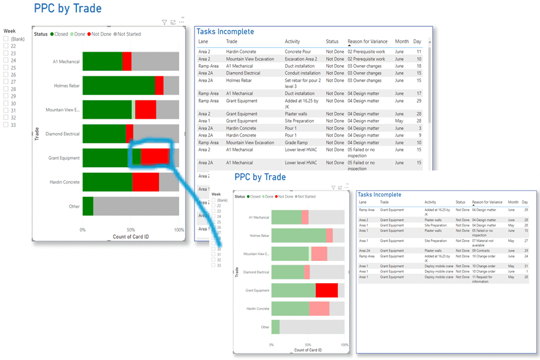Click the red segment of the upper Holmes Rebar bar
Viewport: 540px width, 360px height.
159,86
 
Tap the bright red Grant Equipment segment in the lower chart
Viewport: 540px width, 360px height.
327,290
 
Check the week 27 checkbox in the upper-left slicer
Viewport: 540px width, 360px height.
6,81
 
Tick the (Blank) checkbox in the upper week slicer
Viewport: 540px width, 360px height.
6,38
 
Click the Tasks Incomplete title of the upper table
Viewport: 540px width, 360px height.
225,32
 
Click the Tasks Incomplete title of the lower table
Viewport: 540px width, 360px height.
379,194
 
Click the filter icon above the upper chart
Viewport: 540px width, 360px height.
164,22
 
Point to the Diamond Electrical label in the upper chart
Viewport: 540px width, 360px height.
63,134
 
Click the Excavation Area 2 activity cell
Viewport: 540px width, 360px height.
301,59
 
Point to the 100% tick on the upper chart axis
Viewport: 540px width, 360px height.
179,230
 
